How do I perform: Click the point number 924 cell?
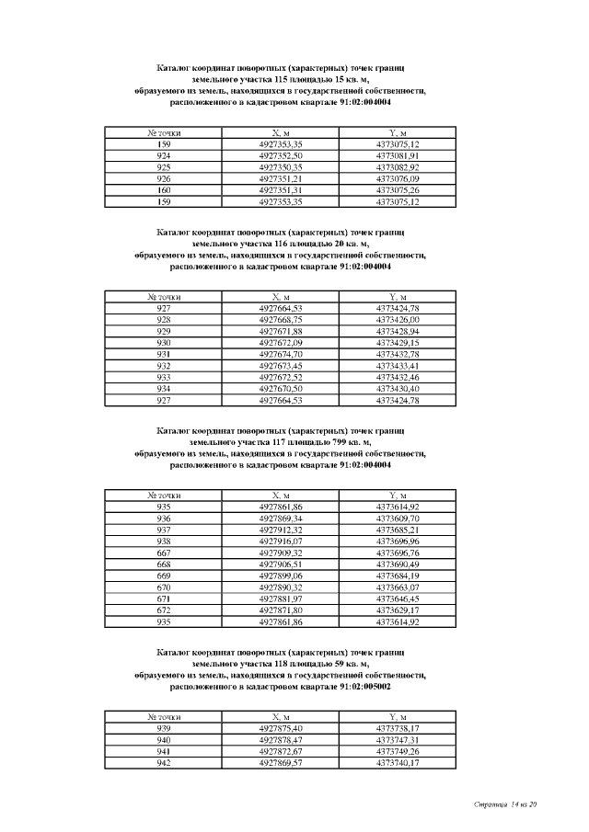(x=164, y=156)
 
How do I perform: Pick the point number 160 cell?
(x=164, y=190)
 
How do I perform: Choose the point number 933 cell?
(x=164, y=377)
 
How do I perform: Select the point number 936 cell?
(x=164, y=519)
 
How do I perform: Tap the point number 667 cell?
(x=164, y=553)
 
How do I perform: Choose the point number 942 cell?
(x=164, y=762)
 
